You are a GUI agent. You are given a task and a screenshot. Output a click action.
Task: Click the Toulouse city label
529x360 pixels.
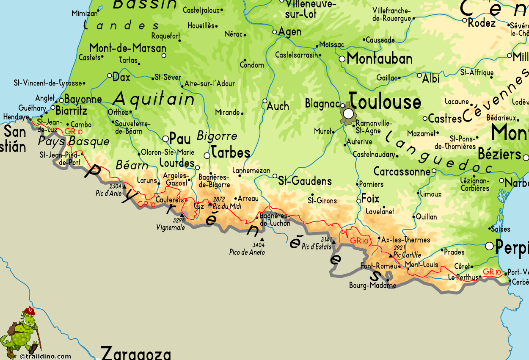(x=385, y=102)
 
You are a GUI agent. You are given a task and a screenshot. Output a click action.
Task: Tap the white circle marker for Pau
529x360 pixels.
(x=165, y=138)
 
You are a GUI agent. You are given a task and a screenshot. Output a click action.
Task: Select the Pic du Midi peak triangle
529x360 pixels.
(x=210, y=204)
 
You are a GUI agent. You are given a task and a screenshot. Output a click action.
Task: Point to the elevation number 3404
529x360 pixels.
(x=258, y=245)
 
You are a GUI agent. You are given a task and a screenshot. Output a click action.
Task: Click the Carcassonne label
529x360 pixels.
(x=402, y=172)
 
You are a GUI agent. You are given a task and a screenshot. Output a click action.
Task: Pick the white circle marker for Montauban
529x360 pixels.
(x=342, y=59)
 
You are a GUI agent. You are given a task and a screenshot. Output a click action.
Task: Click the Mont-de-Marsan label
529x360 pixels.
(x=128, y=48)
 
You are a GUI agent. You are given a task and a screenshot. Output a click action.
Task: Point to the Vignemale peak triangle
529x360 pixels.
(x=182, y=215)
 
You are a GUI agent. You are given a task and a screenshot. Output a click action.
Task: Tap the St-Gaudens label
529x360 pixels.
(x=305, y=181)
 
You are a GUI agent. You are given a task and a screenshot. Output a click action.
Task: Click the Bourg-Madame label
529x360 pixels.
(x=372, y=285)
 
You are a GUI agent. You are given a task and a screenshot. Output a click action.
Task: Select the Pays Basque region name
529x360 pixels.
(x=74, y=141)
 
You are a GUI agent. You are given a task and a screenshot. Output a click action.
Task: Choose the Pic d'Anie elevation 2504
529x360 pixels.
(x=115, y=186)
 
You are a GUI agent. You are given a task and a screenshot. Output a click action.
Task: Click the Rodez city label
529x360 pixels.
(x=482, y=23)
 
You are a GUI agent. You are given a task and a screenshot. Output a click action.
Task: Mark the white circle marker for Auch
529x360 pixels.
(x=265, y=101)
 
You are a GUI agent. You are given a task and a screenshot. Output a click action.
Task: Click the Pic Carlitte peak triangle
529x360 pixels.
(x=391, y=255)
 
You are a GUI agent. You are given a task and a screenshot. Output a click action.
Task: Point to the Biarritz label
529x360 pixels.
(x=72, y=111)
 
